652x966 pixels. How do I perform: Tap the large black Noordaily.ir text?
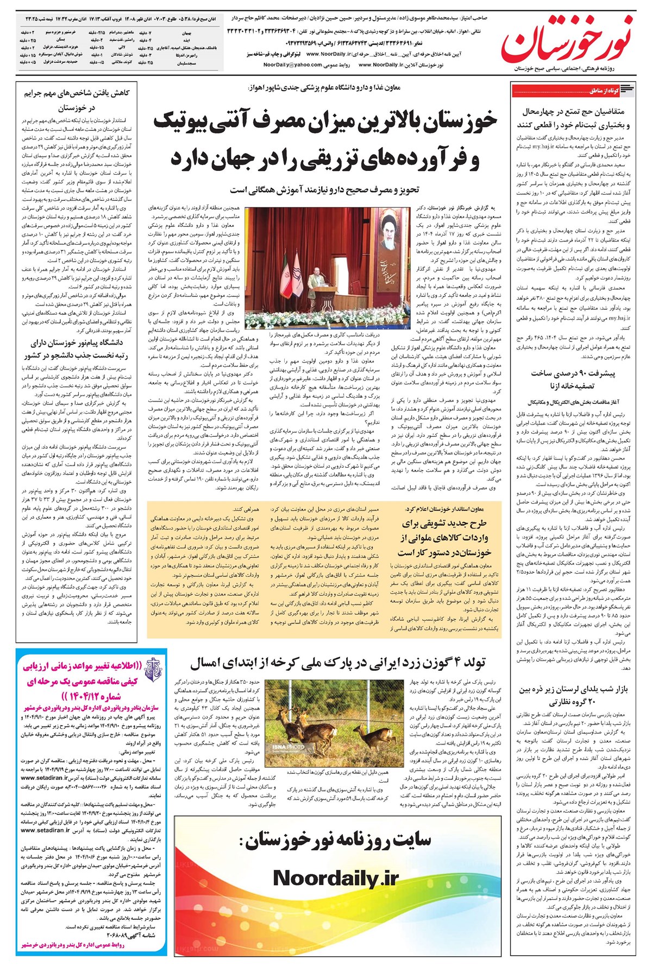(x=335, y=878)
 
